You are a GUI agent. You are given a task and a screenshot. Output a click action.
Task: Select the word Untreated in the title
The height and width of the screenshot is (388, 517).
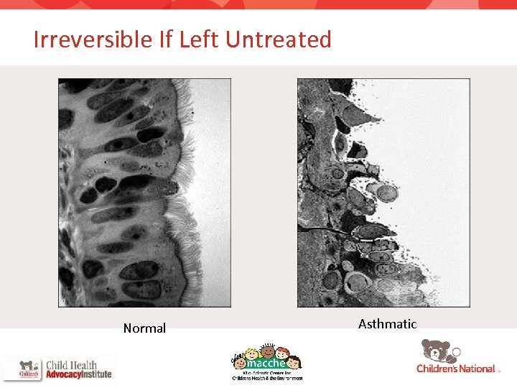(278, 40)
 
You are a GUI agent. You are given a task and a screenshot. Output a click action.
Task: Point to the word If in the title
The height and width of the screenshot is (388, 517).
(167, 40)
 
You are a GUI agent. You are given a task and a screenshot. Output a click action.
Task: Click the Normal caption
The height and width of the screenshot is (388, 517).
(144, 328)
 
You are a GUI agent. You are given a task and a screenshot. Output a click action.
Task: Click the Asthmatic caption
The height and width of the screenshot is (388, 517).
(387, 324)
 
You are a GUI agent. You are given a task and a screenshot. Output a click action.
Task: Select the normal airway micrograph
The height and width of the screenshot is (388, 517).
(144, 193)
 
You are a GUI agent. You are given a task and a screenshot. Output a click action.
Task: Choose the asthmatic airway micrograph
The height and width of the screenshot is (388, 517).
(383, 193)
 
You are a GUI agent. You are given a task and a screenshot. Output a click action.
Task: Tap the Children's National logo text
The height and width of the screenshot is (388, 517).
(456, 369)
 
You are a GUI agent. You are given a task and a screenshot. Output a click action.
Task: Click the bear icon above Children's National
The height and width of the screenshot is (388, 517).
(437, 351)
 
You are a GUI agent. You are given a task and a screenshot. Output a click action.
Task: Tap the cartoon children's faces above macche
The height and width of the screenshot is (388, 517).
(267, 352)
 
